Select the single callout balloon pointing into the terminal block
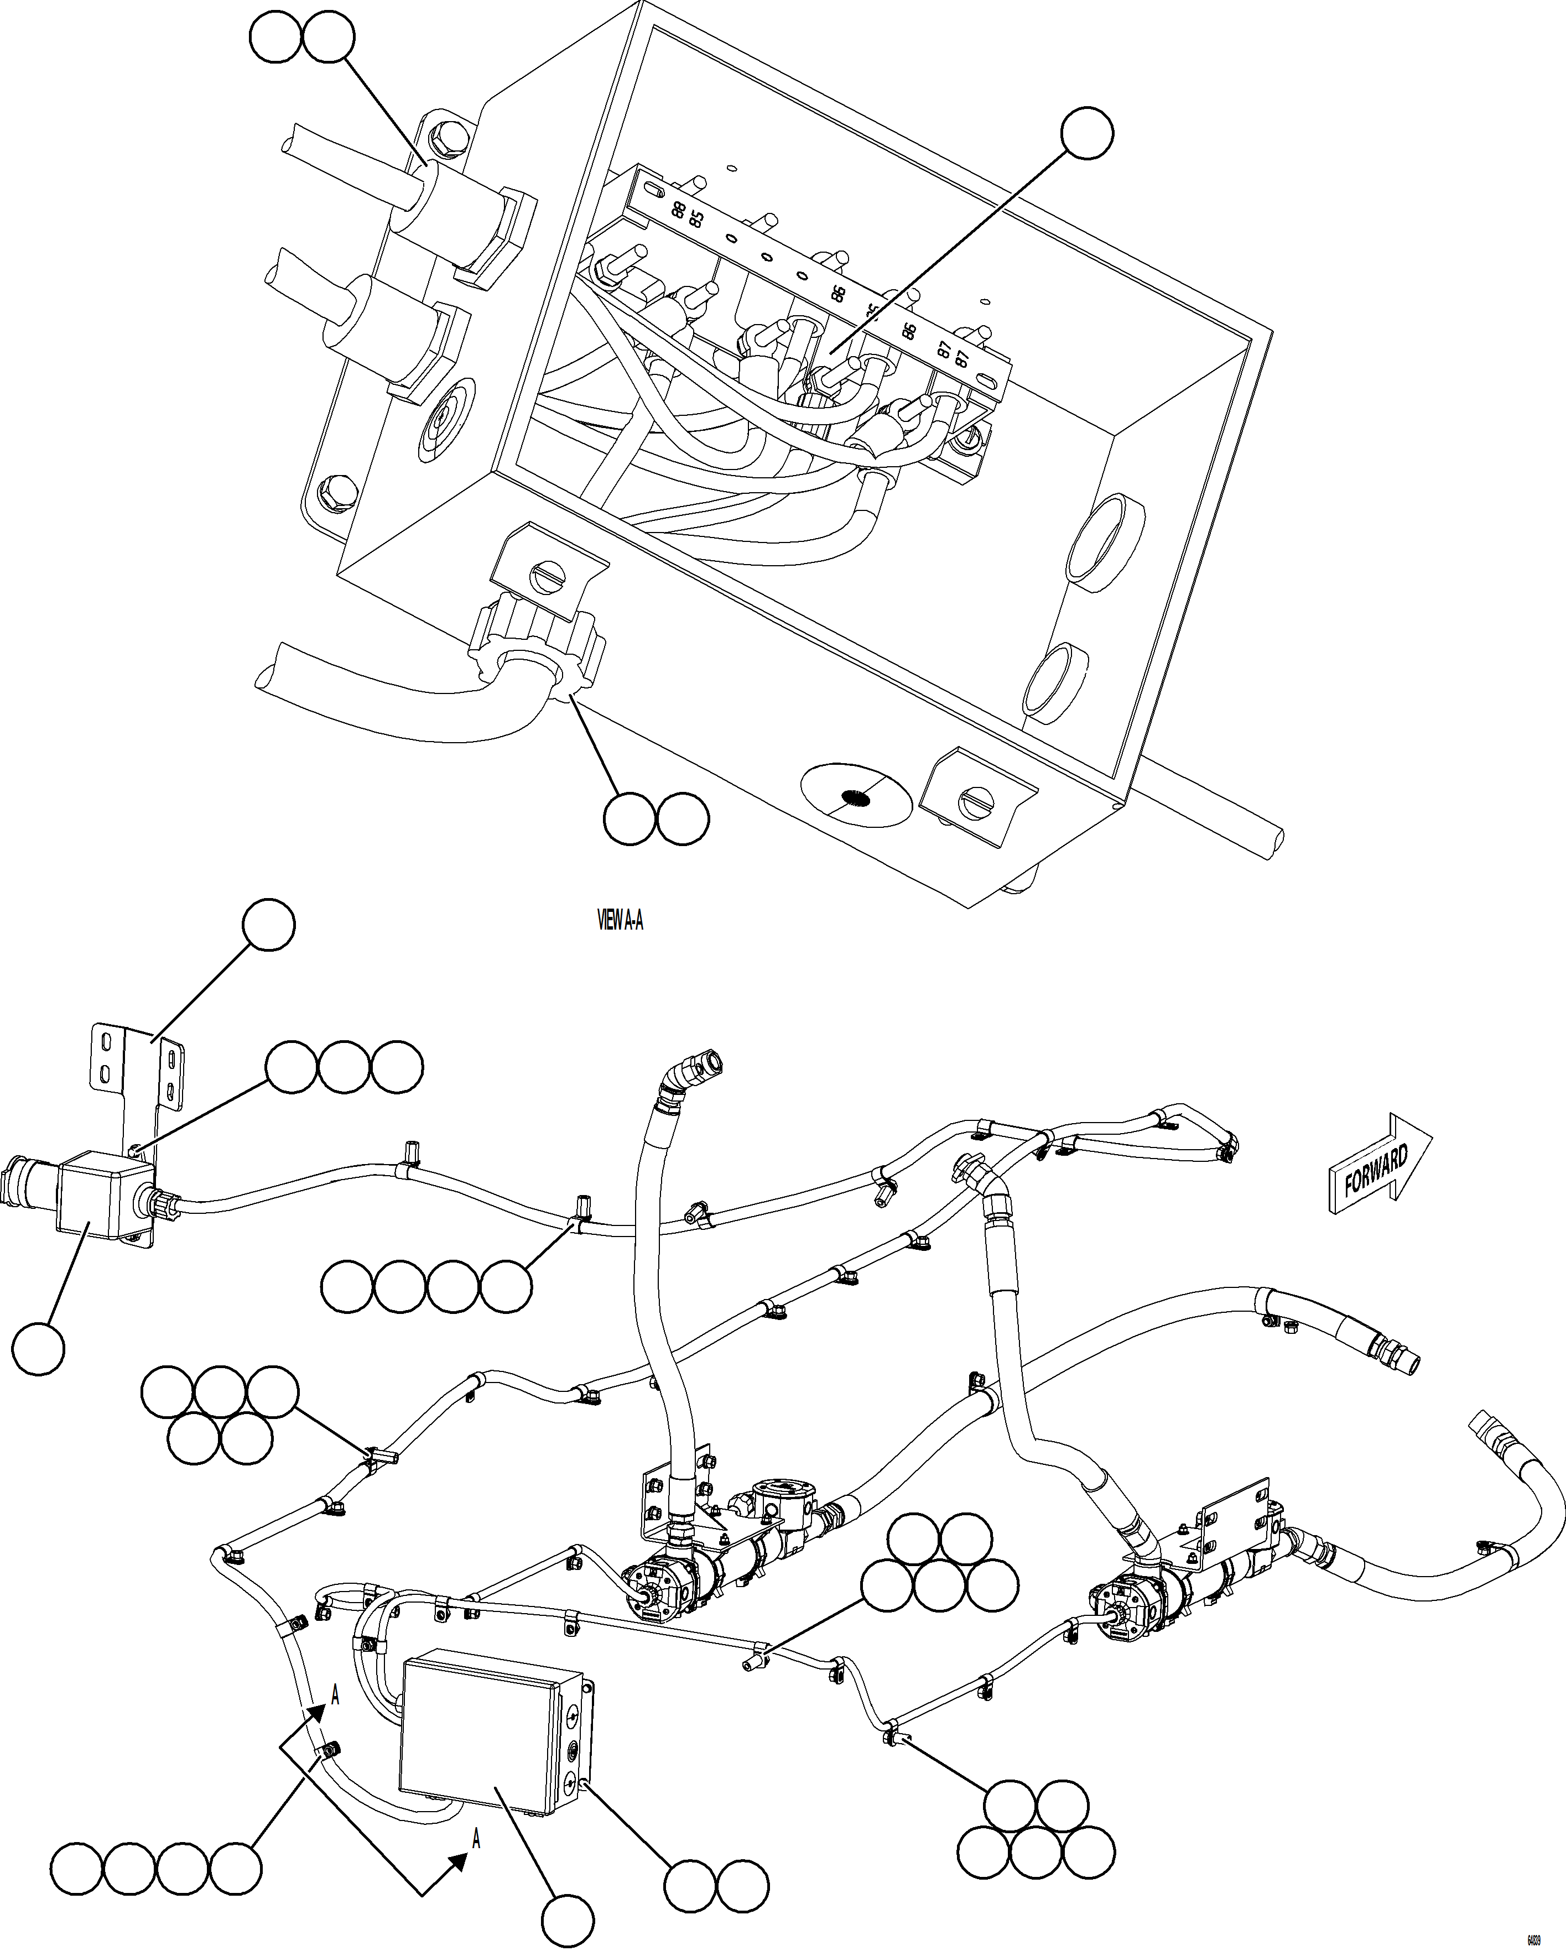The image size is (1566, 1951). click(1087, 134)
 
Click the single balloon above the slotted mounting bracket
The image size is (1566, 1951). click(269, 925)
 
